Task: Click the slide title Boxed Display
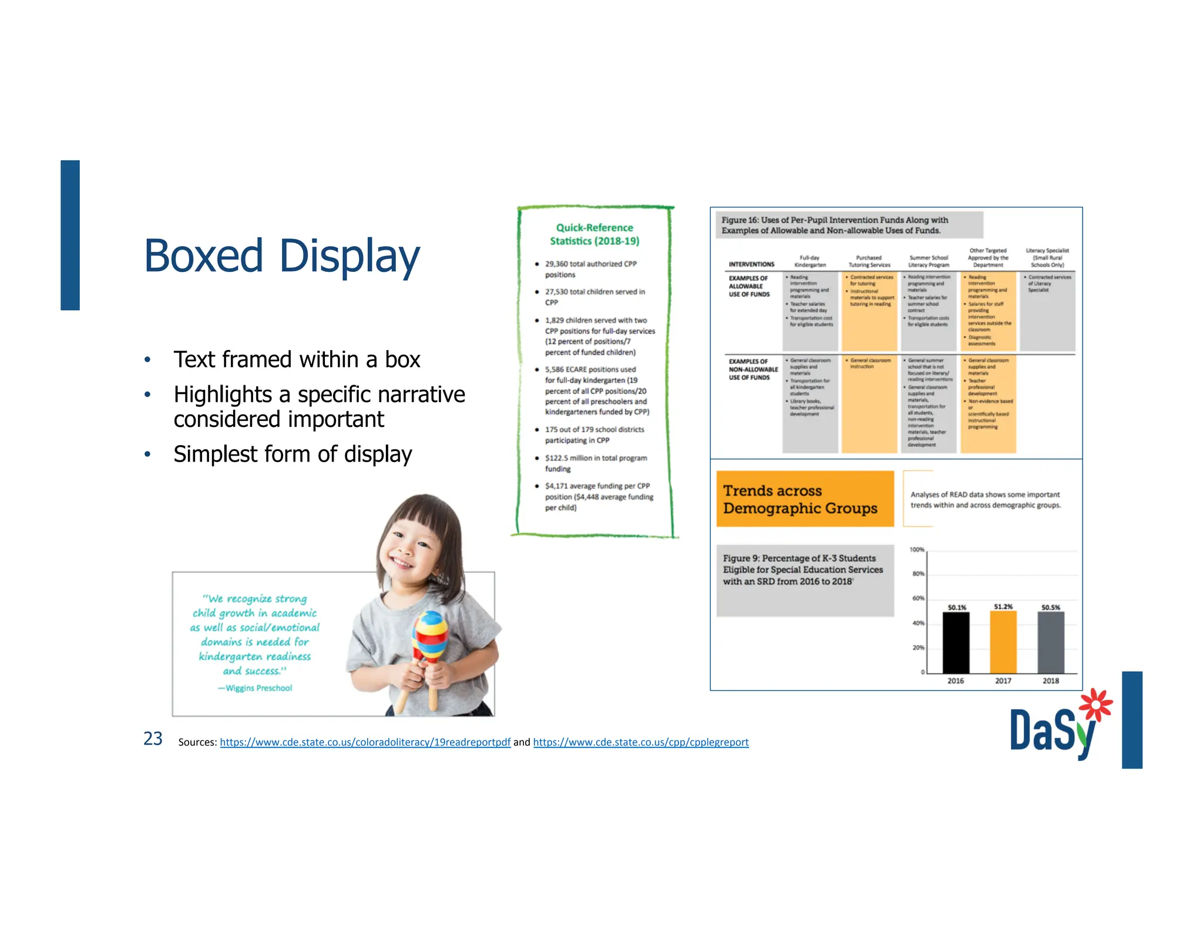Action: click(x=282, y=256)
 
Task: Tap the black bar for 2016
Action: click(x=956, y=642)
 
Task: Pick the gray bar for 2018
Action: click(x=1051, y=642)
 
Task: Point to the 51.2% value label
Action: click(x=1003, y=607)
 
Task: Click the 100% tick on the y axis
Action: click(x=917, y=550)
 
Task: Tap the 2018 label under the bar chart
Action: click(x=1051, y=681)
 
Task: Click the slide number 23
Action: click(x=153, y=739)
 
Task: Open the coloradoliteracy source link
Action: click(x=365, y=742)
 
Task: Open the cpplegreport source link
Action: click(x=641, y=742)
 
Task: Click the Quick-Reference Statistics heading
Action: click(x=594, y=234)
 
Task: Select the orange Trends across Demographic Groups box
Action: click(x=805, y=499)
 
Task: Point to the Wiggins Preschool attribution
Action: click(x=255, y=688)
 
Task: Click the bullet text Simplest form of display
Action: click(x=293, y=454)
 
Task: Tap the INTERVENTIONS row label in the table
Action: click(x=751, y=264)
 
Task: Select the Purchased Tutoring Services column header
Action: click(x=869, y=261)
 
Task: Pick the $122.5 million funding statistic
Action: click(x=596, y=463)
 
